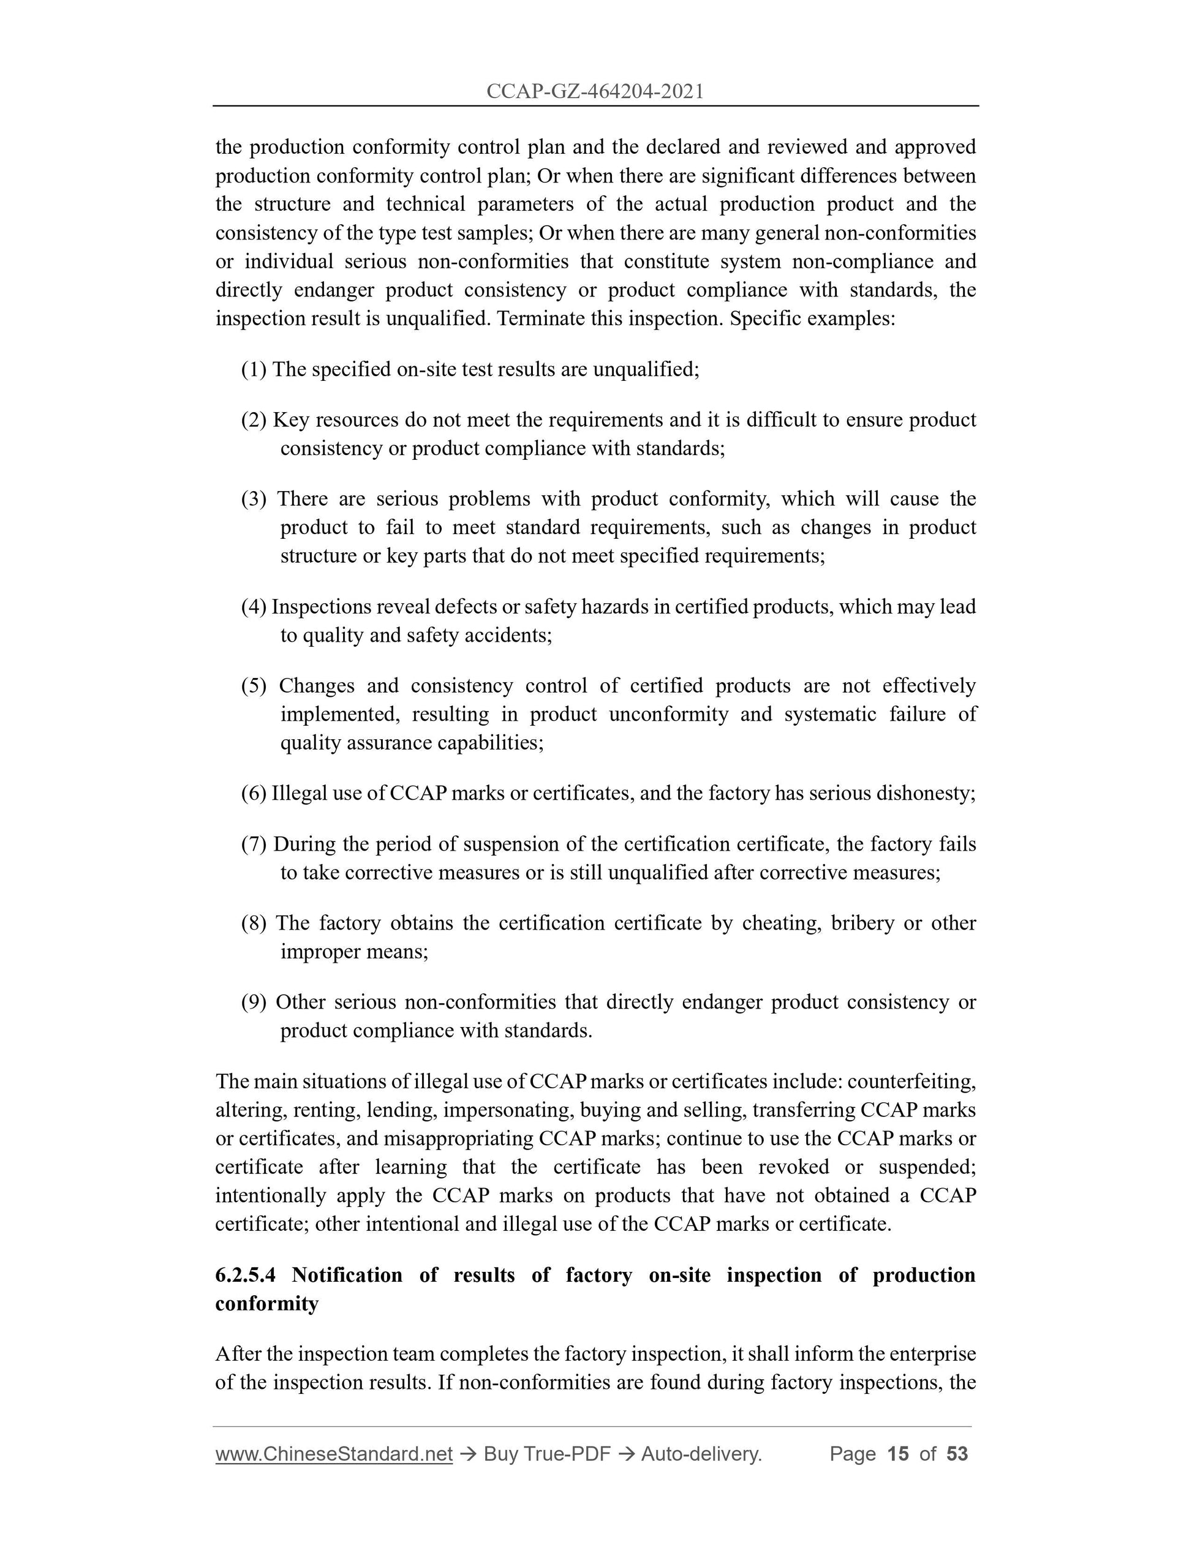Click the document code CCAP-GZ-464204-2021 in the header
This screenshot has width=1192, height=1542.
coord(595,91)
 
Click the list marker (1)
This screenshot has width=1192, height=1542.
coord(254,369)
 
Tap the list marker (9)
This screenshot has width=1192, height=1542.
coord(254,1002)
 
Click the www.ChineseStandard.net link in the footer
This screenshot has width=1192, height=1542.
coord(333,1454)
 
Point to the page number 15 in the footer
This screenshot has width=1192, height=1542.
coord(897,1454)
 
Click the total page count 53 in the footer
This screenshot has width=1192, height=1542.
coord(957,1454)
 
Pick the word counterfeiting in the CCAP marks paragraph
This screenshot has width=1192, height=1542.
coord(911,1081)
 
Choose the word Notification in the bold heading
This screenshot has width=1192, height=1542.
coord(347,1275)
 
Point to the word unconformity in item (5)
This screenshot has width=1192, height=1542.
coord(668,714)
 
